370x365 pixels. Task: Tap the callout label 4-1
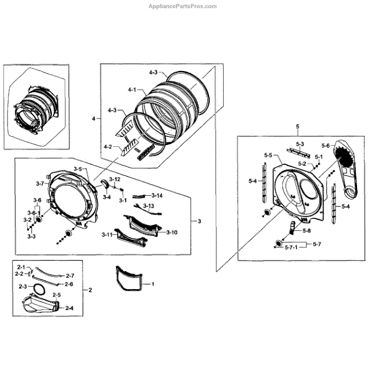click(x=131, y=90)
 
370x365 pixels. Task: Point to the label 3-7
click(x=39, y=183)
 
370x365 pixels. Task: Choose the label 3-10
click(x=171, y=232)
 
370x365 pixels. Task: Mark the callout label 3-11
click(x=107, y=235)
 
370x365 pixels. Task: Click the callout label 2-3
click(x=23, y=287)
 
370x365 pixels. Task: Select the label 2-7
click(x=70, y=275)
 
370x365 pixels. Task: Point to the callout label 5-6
click(x=326, y=146)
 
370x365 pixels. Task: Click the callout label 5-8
click(x=306, y=231)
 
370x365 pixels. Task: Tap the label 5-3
click(x=300, y=144)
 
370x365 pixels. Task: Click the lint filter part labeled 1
click(x=132, y=279)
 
